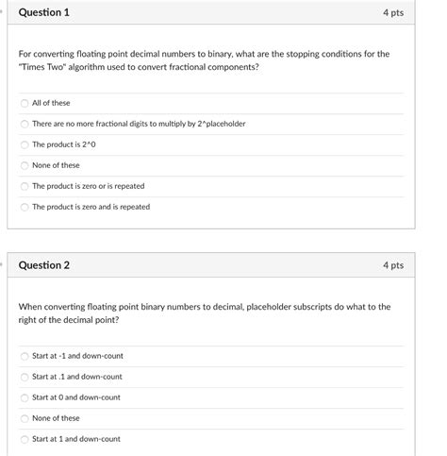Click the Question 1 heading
tap(43, 13)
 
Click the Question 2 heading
tap(43, 265)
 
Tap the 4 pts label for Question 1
tap(393, 13)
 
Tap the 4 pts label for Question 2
tap(393, 265)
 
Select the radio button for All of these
tap(25, 103)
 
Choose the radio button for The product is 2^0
tap(25, 144)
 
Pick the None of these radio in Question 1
tap(25, 165)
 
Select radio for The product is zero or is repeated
tap(25, 186)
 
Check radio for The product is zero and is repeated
tap(25, 207)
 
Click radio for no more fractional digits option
tap(25, 124)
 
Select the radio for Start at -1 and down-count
tap(25, 356)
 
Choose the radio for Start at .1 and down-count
tap(25, 377)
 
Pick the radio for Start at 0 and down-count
tap(25, 397)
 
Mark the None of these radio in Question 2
tap(25, 418)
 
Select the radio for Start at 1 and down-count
tap(25, 439)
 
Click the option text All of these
tap(51, 103)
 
